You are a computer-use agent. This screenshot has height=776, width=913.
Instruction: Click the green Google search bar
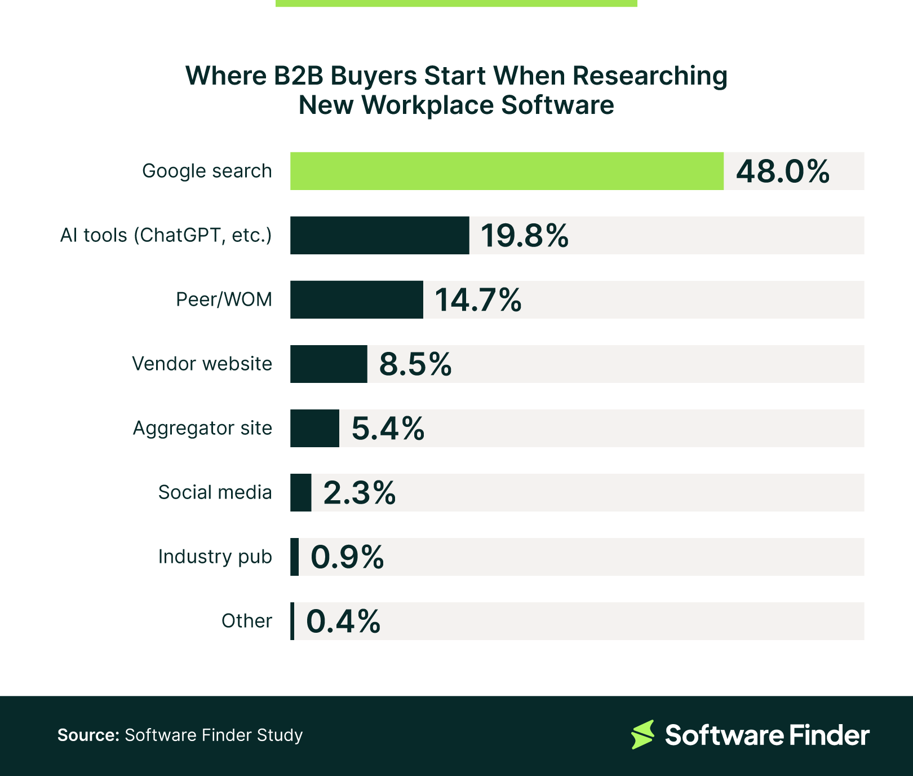tap(507, 171)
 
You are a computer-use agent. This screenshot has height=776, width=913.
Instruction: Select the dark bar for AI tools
tap(379, 235)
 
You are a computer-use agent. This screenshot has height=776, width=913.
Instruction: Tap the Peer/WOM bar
tap(356, 299)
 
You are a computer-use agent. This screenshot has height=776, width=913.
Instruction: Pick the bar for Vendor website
tap(329, 364)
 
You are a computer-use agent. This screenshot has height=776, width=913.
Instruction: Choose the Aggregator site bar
tap(314, 428)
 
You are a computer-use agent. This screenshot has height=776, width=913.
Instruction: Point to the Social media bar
tap(301, 492)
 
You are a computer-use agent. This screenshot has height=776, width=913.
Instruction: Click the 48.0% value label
tap(782, 171)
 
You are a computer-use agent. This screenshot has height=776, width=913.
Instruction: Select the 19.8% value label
tap(524, 236)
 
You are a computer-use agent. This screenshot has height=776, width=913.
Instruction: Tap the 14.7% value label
tap(478, 300)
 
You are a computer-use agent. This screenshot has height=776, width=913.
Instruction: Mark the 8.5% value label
tap(415, 364)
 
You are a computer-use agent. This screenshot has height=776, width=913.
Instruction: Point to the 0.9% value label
tap(347, 557)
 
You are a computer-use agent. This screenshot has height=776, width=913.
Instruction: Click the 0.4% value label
tap(343, 621)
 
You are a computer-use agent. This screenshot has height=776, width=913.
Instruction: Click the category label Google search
tap(207, 171)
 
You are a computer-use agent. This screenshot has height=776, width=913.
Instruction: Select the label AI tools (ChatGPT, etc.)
tap(166, 235)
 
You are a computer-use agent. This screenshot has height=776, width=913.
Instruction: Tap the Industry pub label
tap(215, 557)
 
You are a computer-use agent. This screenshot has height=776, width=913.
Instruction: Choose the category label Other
tap(246, 621)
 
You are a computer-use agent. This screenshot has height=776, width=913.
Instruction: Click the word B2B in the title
tap(299, 76)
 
